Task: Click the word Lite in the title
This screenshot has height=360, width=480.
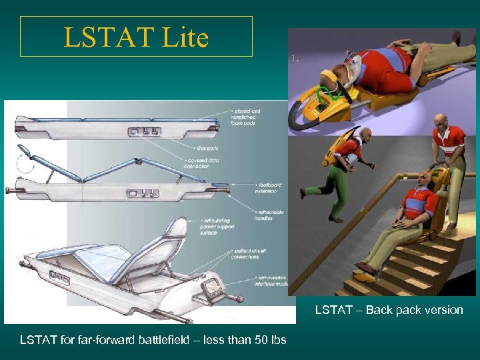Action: pyautogui.click(x=184, y=37)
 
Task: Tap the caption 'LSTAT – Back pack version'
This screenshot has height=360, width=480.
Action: pyautogui.click(x=389, y=310)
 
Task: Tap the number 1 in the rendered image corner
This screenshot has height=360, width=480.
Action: pyautogui.click(x=293, y=59)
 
